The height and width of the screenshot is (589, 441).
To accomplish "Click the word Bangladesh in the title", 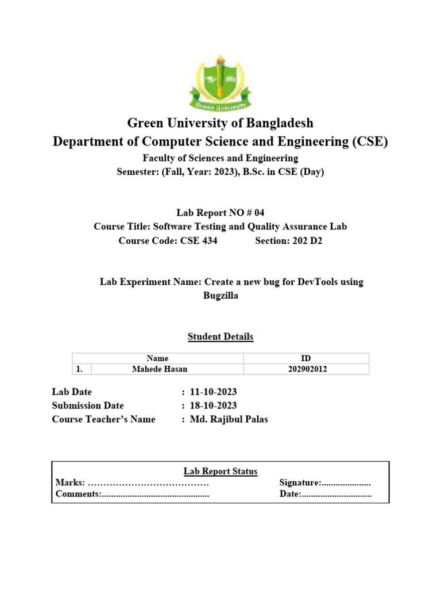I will pyautogui.click(x=276, y=123).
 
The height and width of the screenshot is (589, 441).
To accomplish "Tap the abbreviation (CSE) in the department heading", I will pyautogui.click(x=369, y=141).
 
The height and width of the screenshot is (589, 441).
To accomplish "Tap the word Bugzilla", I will pyautogui.click(x=220, y=296).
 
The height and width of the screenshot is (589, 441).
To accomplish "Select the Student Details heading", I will pyautogui.click(x=220, y=336).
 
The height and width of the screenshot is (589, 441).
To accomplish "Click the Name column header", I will pyautogui.click(x=157, y=358).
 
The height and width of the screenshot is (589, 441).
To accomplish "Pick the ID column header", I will pyautogui.click(x=307, y=358).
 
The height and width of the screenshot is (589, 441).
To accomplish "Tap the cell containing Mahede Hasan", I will pyautogui.click(x=159, y=369).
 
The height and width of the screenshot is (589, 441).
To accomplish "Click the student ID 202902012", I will pyautogui.click(x=307, y=369).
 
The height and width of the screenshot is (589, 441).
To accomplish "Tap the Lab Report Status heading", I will pyautogui.click(x=220, y=471).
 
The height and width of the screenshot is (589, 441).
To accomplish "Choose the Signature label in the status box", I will pyautogui.click(x=299, y=483).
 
